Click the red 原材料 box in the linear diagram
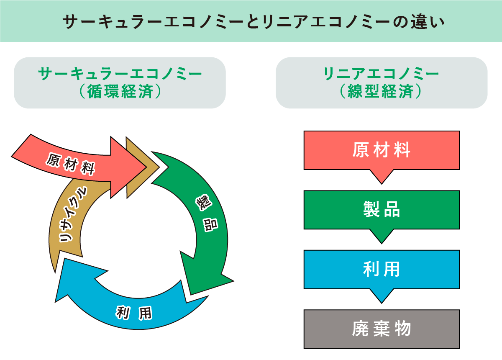[382, 150]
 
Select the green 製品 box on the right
[382, 210]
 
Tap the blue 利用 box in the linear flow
[382, 269]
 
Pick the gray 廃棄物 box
[382, 329]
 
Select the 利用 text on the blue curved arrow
[133, 312]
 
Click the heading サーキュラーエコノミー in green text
[120, 74]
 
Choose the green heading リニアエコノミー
[381, 74]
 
